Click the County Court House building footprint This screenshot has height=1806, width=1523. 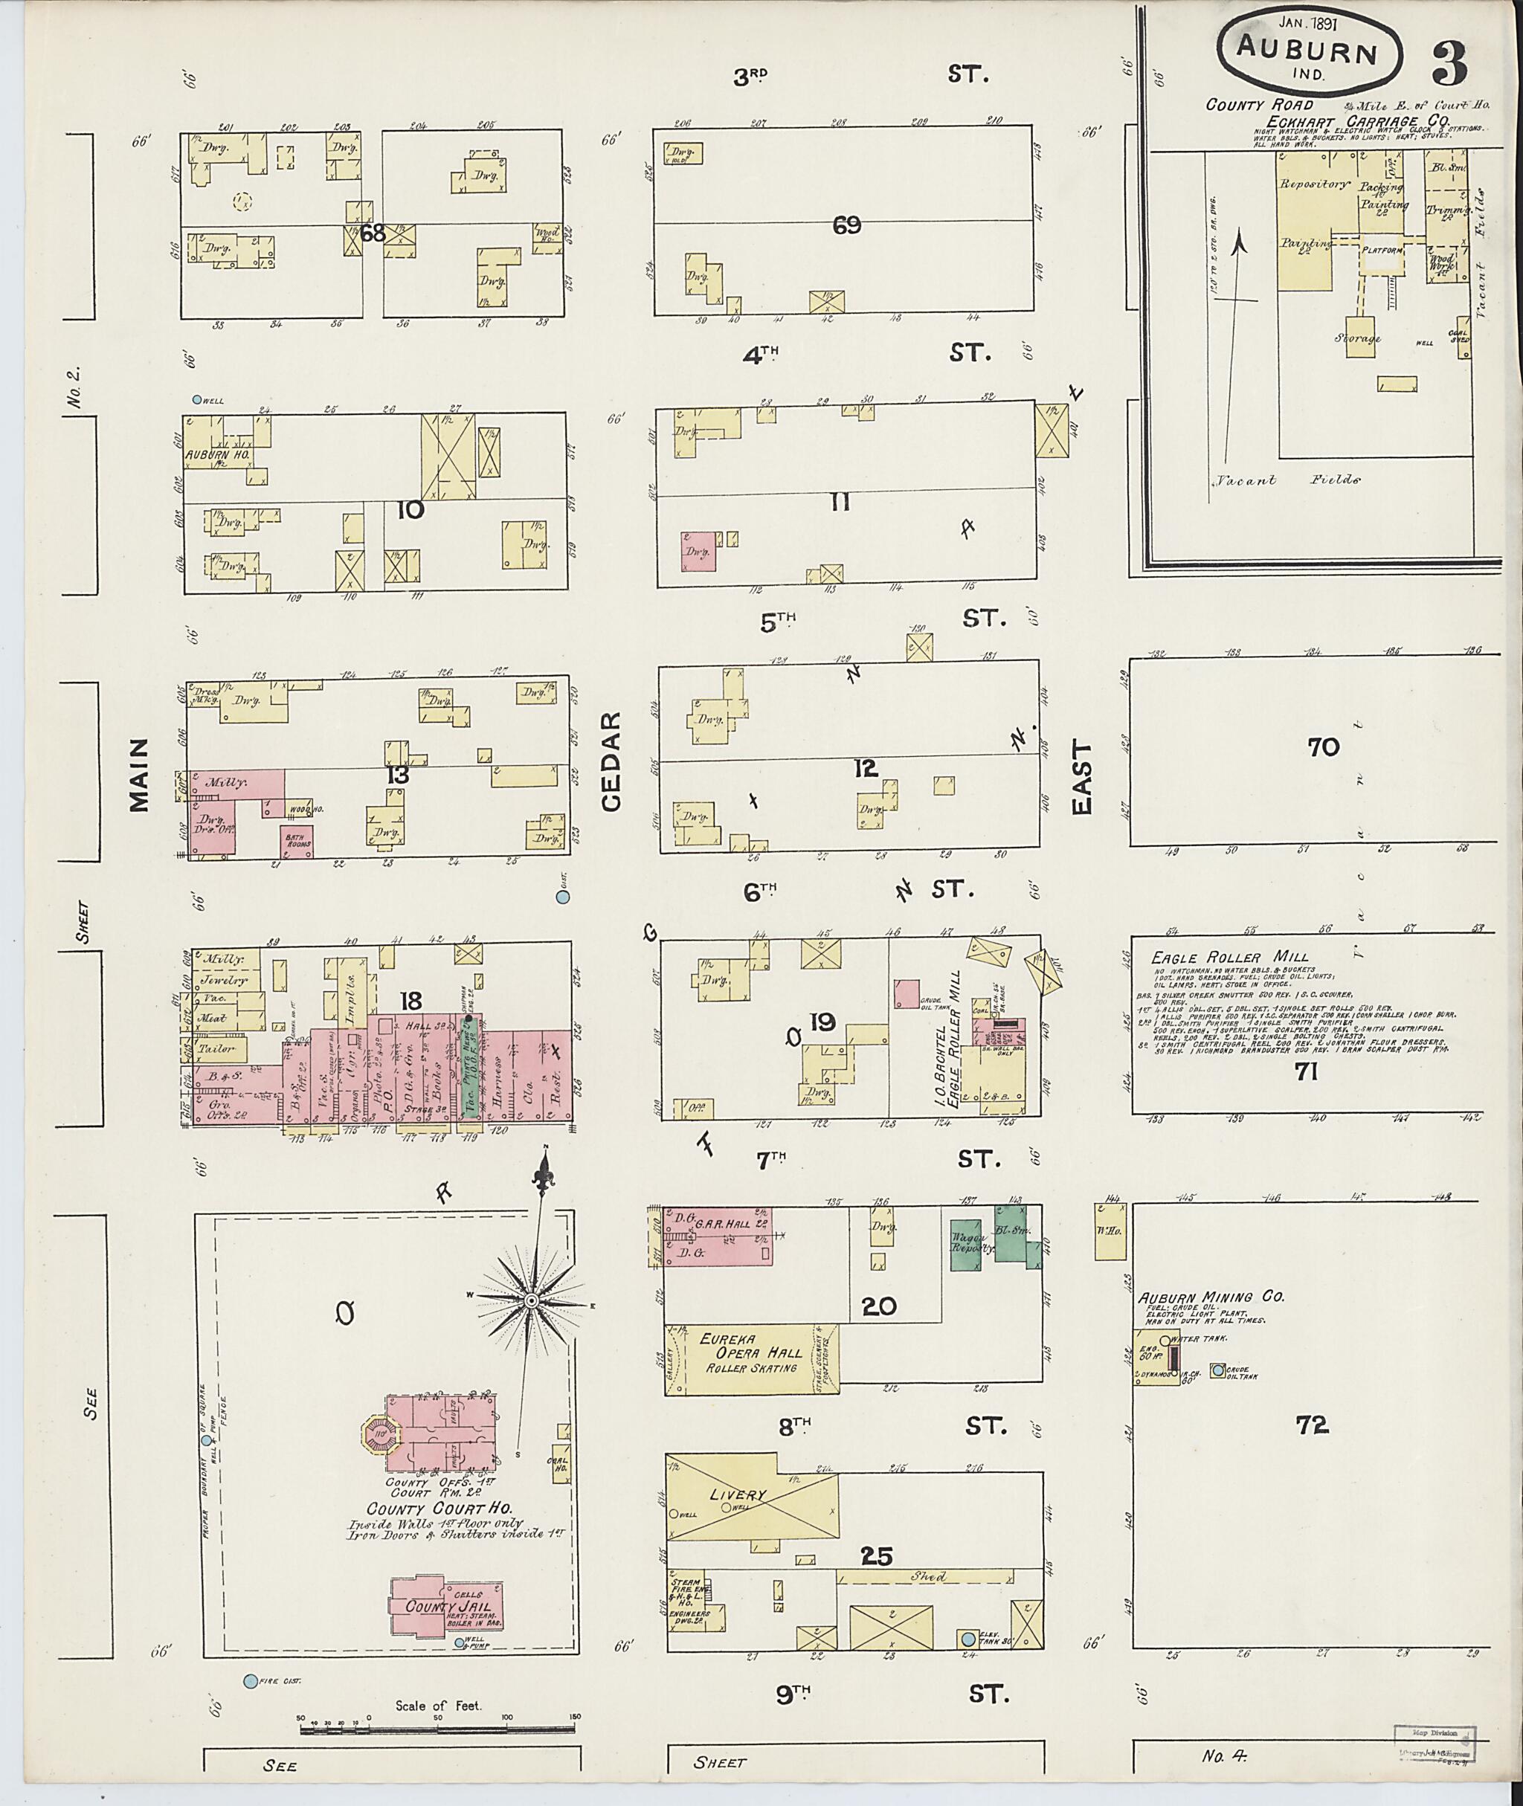[440, 1431]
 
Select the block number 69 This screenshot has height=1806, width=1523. [847, 226]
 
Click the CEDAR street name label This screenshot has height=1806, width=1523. [611, 761]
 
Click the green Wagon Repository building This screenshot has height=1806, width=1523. [966, 1244]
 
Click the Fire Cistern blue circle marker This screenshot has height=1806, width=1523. [251, 1681]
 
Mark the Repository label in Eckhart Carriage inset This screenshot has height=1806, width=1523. [1314, 184]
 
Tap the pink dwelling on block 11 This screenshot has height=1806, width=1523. [698, 551]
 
